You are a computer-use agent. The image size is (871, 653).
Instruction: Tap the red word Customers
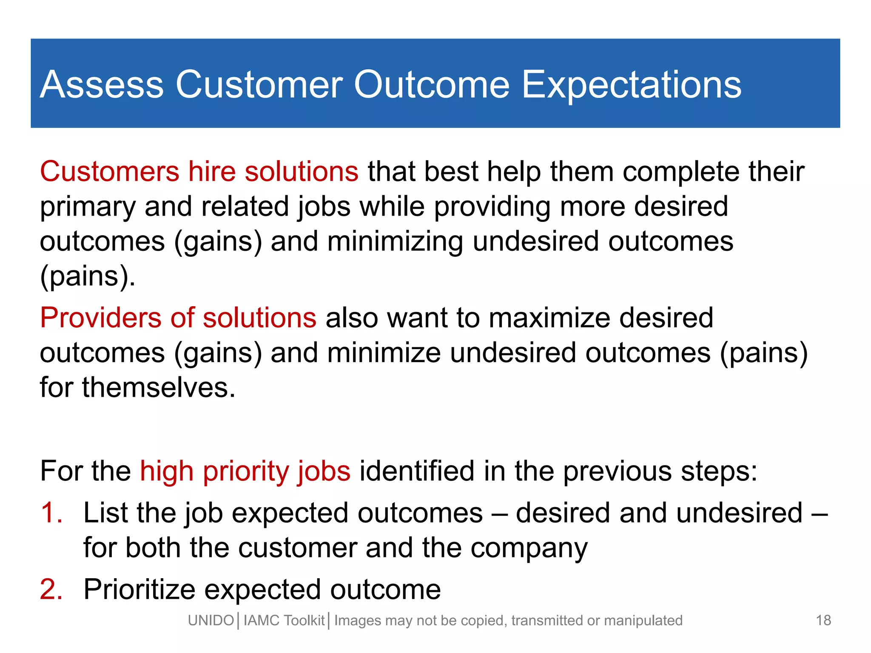click(x=110, y=172)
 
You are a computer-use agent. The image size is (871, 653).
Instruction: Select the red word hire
click(x=212, y=172)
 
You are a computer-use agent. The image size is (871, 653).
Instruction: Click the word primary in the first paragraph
click(x=88, y=207)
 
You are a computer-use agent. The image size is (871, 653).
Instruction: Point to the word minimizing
click(x=395, y=241)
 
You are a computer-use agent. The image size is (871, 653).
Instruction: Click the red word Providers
click(x=100, y=318)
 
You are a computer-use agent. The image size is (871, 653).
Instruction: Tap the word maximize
click(x=549, y=318)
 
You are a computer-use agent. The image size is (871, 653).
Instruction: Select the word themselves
click(x=158, y=388)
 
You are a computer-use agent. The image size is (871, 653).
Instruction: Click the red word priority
click(x=245, y=472)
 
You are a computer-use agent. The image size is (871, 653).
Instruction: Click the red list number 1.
click(x=51, y=512)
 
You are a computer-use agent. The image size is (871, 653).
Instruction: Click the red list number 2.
click(x=51, y=590)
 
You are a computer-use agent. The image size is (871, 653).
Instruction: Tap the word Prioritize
click(x=139, y=590)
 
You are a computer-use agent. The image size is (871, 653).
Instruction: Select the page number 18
click(x=823, y=620)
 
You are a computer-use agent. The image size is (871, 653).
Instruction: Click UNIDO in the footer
click(x=211, y=621)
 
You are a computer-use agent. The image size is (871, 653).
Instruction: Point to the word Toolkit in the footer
click(x=304, y=621)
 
